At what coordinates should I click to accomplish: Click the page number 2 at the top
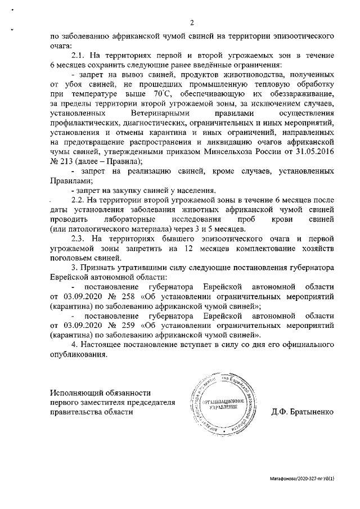(x=192, y=22)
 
